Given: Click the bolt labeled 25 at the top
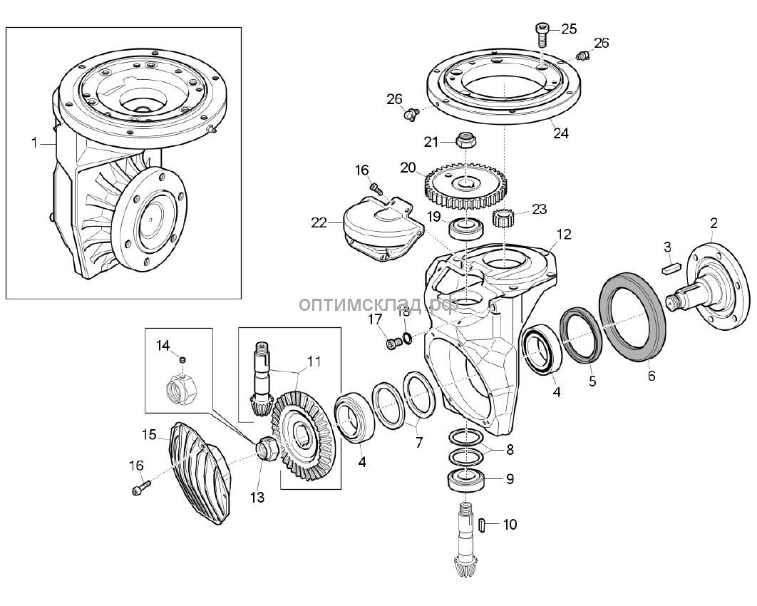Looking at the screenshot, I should pyautogui.click(x=541, y=34).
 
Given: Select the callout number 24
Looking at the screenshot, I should pyautogui.click(x=561, y=133).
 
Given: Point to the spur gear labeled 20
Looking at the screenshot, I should pyautogui.click(x=464, y=185).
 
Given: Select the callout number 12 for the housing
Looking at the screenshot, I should pyautogui.click(x=564, y=235).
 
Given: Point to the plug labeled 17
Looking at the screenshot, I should pyautogui.click(x=392, y=344).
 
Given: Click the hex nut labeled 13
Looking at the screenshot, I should pyautogui.click(x=267, y=449).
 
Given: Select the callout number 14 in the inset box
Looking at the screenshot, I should pyautogui.click(x=163, y=346).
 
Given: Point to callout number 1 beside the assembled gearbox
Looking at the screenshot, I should pyautogui.click(x=34, y=143).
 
